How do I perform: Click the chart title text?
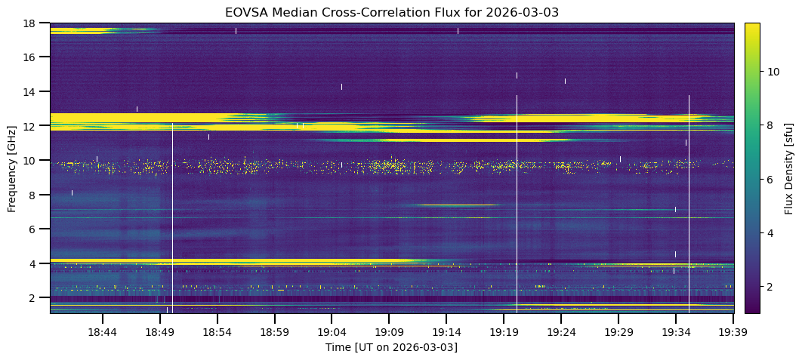pyautogui.click(x=391, y=13)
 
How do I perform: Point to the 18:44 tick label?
pyautogui.click(x=103, y=332)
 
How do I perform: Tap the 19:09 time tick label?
pyautogui.click(x=388, y=332)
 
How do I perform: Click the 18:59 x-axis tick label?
pyautogui.click(x=274, y=332)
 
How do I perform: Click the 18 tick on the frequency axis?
pyautogui.click(x=29, y=23)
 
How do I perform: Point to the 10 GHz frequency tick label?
pyautogui.click(x=29, y=160)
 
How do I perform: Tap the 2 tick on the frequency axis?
pyautogui.click(x=32, y=298)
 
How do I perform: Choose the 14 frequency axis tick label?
pyautogui.click(x=29, y=91)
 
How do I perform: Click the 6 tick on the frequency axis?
pyautogui.click(x=32, y=229)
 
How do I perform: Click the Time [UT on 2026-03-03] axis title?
pyautogui.click(x=391, y=347)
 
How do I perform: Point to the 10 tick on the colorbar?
pyautogui.click(x=773, y=72)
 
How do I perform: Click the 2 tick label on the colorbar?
pyautogui.click(x=770, y=287)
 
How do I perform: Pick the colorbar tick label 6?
pyautogui.click(x=770, y=180)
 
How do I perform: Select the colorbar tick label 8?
pyautogui.click(x=770, y=125)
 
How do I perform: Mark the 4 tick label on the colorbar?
pyautogui.click(x=770, y=233)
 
